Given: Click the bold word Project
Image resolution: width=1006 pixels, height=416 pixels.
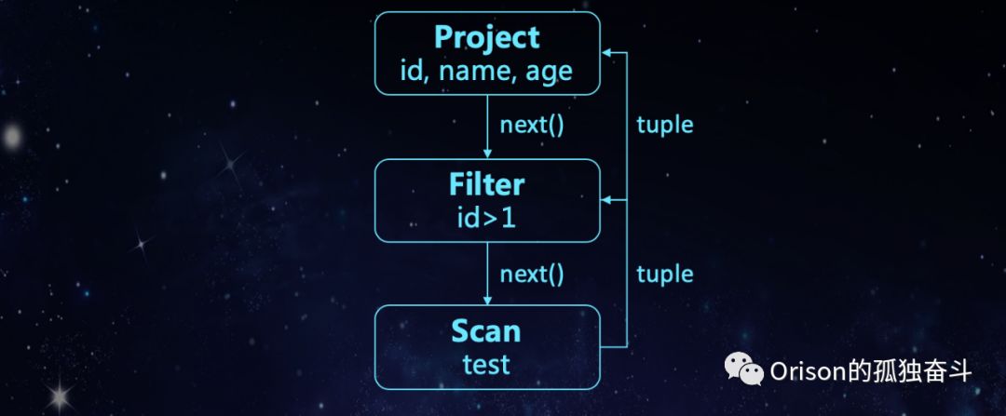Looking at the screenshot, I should click(486, 38).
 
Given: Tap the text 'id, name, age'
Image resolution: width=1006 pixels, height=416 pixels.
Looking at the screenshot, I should click(486, 72).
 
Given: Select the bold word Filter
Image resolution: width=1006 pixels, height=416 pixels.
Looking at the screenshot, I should click(486, 184).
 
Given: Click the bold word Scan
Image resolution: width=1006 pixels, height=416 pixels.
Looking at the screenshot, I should click(486, 331).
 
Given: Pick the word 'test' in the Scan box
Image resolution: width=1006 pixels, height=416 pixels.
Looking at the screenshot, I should click(486, 363).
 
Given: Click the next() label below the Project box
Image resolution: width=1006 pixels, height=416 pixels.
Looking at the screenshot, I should click(532, 125).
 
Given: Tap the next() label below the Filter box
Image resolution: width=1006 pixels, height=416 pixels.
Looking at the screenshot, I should click(532, 274).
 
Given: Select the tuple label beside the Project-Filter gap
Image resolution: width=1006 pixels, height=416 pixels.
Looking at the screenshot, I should click(665, 125).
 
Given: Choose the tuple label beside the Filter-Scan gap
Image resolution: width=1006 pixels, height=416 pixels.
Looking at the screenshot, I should click(665, 274).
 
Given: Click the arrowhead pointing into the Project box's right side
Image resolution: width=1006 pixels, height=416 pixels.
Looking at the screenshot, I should click(606, 52).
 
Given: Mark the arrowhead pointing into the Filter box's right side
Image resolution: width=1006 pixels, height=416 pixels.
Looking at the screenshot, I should click(606, 200).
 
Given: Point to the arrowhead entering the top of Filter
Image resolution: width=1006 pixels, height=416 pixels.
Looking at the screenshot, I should click(487, 154).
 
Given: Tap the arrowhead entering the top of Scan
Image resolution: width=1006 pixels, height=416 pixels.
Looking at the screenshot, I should click(487, 300).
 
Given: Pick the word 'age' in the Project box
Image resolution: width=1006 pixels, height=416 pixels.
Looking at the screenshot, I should click(549, 73).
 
